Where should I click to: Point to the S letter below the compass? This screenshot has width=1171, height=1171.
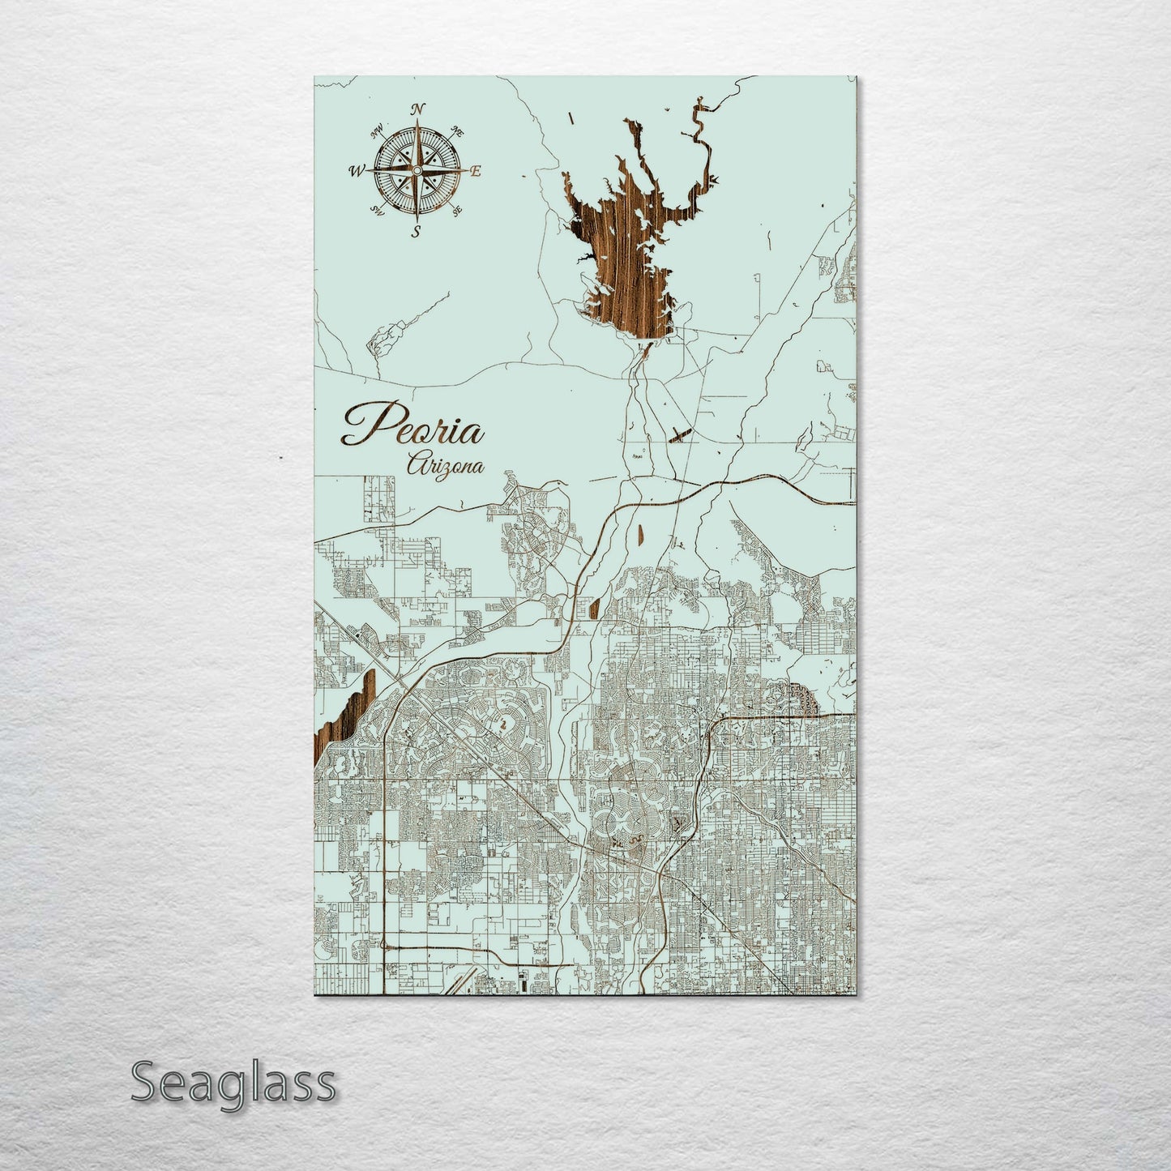pos(416,232)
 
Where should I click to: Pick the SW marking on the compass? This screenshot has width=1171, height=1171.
pos(377,211)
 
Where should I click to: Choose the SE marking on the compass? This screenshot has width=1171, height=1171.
pos(456,211)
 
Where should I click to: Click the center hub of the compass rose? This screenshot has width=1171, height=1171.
pos(417,171)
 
